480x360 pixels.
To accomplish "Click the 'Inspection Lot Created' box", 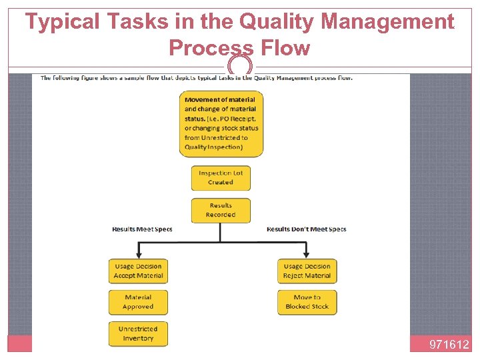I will (220, 177).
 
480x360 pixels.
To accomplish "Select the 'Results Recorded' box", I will (220, 211).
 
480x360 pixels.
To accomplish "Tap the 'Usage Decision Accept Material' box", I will (138, 271).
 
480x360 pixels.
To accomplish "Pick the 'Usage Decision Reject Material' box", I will (307, 271).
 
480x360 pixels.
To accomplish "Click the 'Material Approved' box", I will (138, 302).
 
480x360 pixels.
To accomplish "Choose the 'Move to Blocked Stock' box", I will (307, 302).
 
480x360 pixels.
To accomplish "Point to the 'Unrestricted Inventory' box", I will (138, 333).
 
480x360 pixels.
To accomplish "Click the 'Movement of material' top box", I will (221, 123).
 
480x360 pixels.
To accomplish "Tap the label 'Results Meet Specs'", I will (142, 229).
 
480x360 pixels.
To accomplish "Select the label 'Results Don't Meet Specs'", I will (306, 229).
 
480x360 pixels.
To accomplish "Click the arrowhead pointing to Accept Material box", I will (138, 253).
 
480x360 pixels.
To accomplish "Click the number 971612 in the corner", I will (449, 345).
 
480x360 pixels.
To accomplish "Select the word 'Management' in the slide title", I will (388, 22).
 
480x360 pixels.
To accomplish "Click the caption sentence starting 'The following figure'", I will (197, 78).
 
